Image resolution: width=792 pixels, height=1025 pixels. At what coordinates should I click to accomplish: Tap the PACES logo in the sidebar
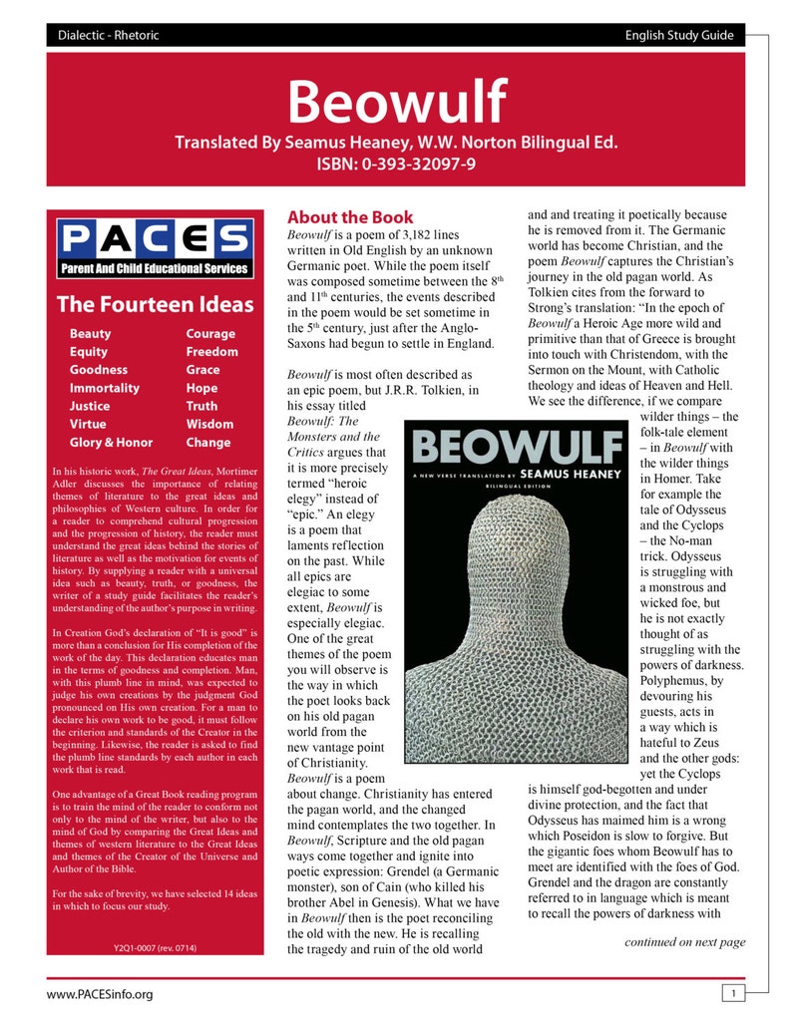(155, 248)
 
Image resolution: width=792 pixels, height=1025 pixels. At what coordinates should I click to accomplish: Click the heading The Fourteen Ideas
(155, 304)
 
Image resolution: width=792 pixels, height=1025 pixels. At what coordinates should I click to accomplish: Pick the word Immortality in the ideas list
(104, 388)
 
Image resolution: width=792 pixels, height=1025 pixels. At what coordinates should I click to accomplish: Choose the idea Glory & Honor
(111, 442)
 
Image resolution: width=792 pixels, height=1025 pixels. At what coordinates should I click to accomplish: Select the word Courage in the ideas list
(210, 334)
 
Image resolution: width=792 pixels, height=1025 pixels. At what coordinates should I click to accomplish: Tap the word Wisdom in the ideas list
(209, 424)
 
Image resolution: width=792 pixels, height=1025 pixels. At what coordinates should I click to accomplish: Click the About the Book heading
(350, 216)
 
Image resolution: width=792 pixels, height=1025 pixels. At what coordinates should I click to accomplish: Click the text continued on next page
(684, 941)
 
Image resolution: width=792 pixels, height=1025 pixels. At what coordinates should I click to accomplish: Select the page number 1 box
(732, 993)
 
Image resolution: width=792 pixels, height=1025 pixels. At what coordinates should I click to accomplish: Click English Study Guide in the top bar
(679, 36)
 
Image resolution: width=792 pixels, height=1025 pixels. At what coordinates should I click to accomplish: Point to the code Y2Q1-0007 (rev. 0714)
(155, 947)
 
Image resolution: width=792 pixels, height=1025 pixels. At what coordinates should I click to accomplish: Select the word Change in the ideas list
(208, 442)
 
